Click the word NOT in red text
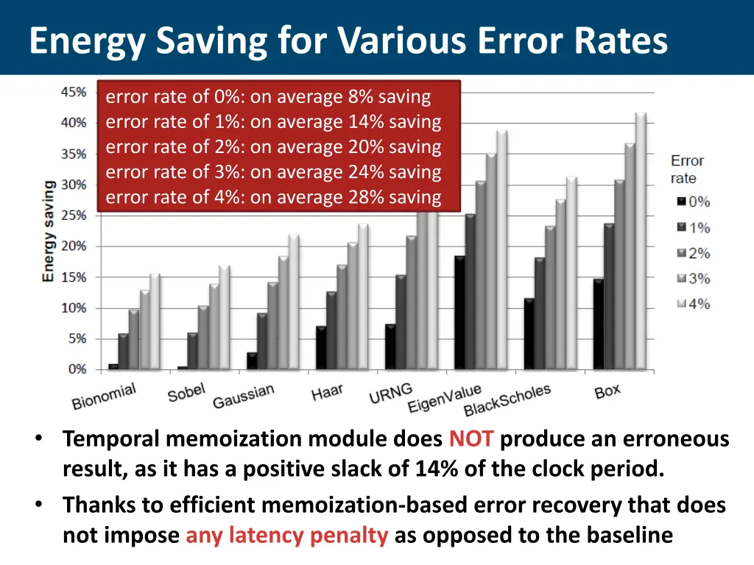471,440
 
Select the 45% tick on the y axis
73,92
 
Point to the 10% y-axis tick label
73,308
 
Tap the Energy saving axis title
49,230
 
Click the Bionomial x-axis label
104,397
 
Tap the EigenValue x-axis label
444,399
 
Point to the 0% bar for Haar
320,348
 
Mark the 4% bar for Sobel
225,317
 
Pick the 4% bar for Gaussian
294,302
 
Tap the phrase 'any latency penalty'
286,535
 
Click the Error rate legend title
687,169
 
